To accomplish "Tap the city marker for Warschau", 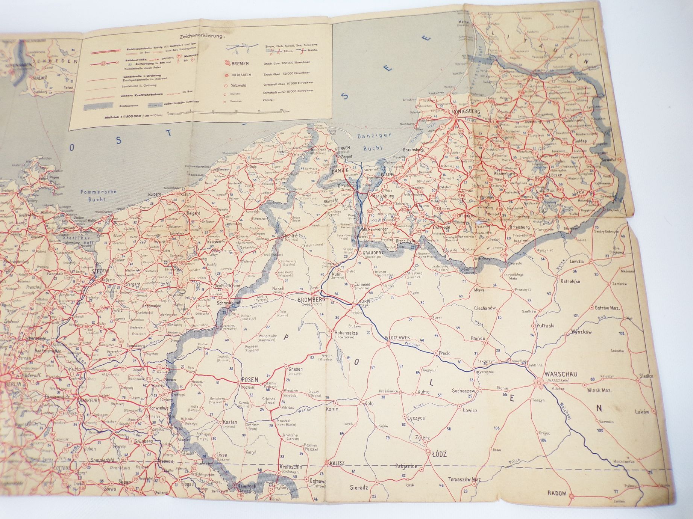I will pyautogui.click(x=535, y=383).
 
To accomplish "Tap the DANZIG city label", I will pyautogui.click(x=341, y=171).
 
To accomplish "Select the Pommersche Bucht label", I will pyautogui.click(x=94, y=196).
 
